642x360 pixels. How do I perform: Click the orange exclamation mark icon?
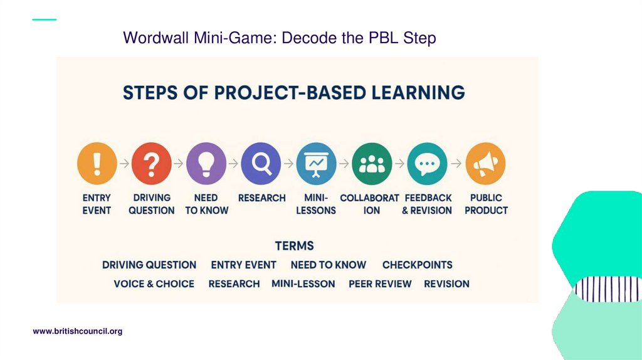[x=97, y=163]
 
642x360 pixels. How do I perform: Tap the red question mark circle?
[x=151, y=163]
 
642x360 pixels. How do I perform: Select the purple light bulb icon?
[x=206, y=163]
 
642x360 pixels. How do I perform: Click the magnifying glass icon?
[x=261, y=163]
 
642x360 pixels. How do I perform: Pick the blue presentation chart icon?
[x=316, y=163]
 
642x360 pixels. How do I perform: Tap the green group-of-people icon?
[x=372, y=163]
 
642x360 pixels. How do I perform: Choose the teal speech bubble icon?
[x=427, y=163]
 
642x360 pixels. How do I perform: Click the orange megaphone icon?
[x=485, y=163]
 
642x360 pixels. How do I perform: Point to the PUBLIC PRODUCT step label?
[x=486, y=204]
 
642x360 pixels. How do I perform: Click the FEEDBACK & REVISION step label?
[x=427, y=204]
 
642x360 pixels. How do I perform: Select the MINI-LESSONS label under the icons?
[x=316, y=204]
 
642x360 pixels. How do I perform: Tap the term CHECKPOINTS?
[x=417, y=265]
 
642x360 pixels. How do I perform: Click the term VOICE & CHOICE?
[x=154, y=283]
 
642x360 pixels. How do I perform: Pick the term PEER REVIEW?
[x=380, y=283]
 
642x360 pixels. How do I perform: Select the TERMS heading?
[x=294, y=246]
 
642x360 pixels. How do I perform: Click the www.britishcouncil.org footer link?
[x=77, y=331]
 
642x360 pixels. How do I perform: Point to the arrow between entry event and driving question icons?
[x=124, y=164]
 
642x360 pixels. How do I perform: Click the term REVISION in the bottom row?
[x=446, y=283]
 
